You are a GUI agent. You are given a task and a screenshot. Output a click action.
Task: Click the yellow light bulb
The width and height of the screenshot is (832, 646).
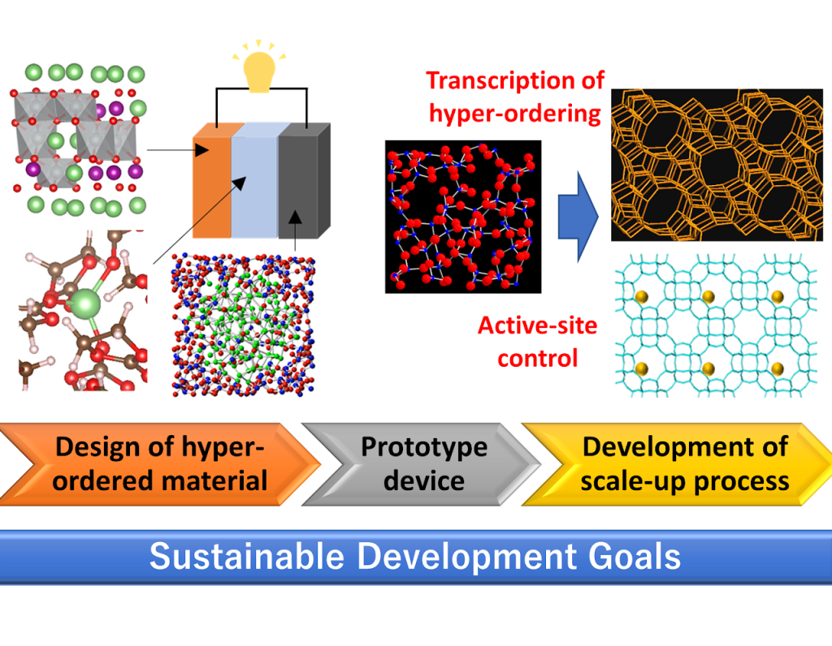(x=259, y=72)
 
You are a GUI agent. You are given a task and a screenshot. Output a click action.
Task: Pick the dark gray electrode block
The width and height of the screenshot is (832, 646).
(x=304, y=180)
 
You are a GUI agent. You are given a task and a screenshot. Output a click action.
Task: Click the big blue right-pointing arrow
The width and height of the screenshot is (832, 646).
(x=578, y=217)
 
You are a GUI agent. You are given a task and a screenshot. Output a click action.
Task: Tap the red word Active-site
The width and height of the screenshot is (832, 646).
(x=538, y=325)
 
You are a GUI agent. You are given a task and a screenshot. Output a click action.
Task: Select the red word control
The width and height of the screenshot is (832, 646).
(x=538, y=358)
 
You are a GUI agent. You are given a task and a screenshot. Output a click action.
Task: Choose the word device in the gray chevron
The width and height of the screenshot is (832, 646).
(x=424, y=480)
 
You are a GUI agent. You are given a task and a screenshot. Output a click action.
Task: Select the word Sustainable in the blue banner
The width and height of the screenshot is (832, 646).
(x=247, y=557)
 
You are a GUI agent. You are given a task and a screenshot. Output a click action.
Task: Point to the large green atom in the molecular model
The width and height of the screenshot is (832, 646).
(x=84, y=304)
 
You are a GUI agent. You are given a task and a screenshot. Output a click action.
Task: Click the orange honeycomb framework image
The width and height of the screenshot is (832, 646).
(x=717, y=165)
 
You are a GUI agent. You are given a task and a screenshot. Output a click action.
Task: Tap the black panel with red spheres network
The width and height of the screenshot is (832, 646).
(x=463, y=217)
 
